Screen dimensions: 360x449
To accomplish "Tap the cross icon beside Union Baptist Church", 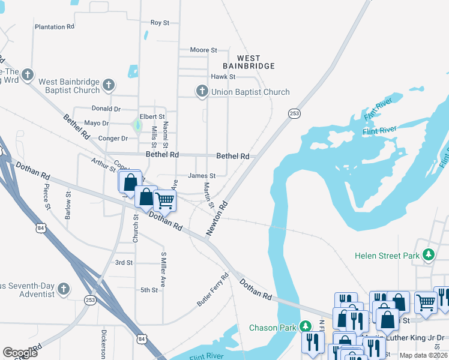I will click(202, 91).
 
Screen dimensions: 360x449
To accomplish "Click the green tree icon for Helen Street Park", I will click(428, 256).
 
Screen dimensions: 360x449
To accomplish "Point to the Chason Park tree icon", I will click(306, 327).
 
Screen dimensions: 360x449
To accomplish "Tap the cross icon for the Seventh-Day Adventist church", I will click(64, 291).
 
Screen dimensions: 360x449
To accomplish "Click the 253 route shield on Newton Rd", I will click(294, 113).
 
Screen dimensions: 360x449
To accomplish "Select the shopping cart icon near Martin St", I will click(164, 200).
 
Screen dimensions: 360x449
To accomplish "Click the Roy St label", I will click(160, 22).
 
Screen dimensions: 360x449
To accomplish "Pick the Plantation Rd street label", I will click(54, 27).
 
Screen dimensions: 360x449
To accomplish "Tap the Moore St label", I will click(203, 50).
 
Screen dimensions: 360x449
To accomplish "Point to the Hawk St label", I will click(223, 77).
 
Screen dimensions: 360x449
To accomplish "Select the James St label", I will click(201, 176).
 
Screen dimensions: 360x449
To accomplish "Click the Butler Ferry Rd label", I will click(213, 290).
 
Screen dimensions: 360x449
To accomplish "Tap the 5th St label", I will click(149, 290).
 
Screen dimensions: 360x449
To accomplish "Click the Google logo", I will click(20, 352).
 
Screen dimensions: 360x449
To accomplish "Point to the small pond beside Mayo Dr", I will click(137, 126).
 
